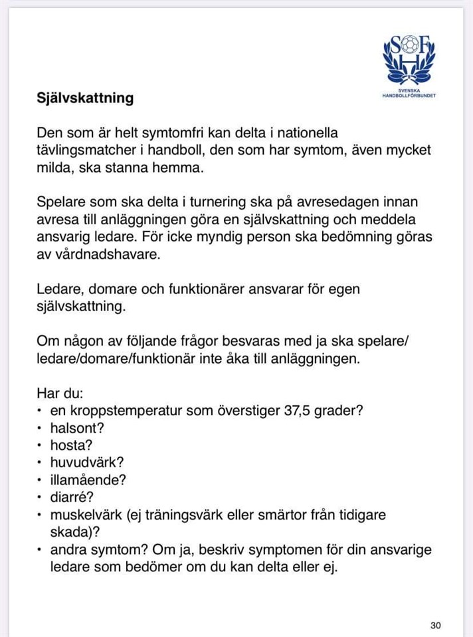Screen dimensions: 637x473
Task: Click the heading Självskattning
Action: click(85, 98)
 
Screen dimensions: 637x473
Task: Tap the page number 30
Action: click(436, 625)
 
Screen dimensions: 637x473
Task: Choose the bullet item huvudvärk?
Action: click(87, 462)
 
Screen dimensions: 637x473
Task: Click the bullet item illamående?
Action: click(88, 480)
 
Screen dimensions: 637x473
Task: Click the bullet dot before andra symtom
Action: click(41, 549)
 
